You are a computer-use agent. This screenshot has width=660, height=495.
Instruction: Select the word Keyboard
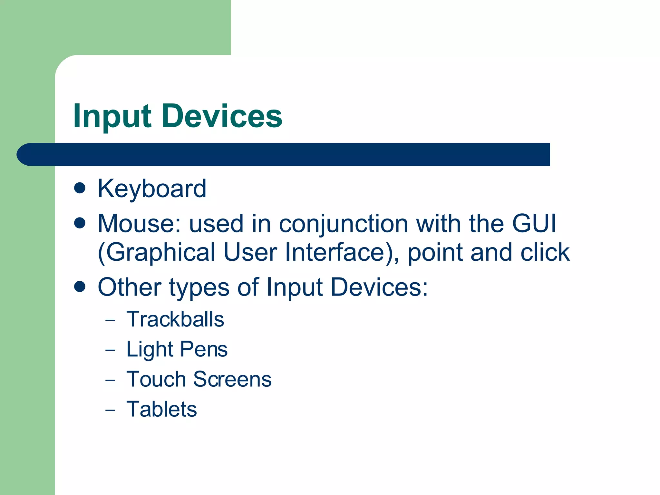152,189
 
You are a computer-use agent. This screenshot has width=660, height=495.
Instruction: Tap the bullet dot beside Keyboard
80,188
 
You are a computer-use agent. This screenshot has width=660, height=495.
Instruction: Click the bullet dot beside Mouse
80,223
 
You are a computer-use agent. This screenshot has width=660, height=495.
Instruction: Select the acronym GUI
534,223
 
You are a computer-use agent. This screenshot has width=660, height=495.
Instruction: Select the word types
199,288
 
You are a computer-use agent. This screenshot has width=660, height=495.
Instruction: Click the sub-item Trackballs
175,319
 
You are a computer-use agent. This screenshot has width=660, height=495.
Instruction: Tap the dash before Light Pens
110,350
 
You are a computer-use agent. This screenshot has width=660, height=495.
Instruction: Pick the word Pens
204,349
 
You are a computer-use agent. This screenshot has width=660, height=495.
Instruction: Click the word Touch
156,379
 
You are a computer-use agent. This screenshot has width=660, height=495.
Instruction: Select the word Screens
232,379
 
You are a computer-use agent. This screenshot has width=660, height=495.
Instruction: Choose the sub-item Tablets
161,409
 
